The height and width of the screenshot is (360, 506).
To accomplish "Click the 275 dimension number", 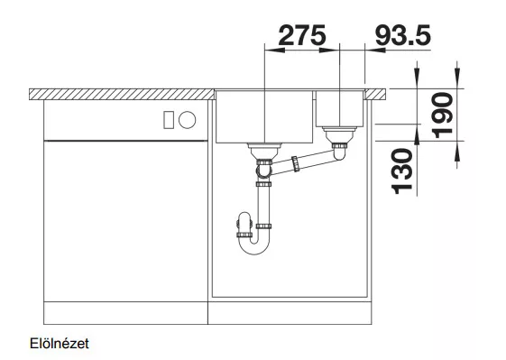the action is click(302, 35).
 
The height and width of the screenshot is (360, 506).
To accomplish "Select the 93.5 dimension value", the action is click(403, 35).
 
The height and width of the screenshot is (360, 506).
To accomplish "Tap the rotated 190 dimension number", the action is click(443, 115).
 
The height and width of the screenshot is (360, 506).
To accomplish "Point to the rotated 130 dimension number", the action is click(402, 171).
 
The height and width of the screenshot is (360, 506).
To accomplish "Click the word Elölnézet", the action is click(59, 344).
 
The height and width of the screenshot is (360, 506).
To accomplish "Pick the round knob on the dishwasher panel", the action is click(188, 120).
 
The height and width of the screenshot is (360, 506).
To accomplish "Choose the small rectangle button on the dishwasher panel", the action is click(169, 120).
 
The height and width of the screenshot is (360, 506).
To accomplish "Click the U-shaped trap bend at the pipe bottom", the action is click(254, 247).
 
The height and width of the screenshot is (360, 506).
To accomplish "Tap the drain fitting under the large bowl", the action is click(264, 151).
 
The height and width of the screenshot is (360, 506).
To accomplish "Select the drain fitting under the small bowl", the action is click(339, 135).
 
